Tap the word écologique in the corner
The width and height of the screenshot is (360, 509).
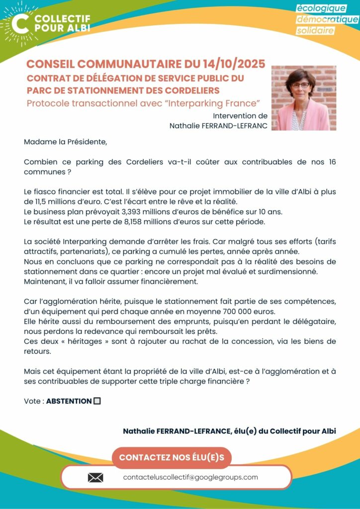tap(321, 8)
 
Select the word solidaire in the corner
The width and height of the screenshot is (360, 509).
tap(315, 30)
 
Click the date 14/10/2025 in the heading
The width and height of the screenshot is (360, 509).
tap(234, 64)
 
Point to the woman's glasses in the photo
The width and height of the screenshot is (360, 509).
tap(300, 85)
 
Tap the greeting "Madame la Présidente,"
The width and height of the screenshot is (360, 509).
tap(65, 142)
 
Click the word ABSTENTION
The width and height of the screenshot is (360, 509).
tap(69, 401)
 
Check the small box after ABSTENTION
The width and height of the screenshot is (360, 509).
tap(97, 401)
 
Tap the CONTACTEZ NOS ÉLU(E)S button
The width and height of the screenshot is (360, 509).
tap(172, 457)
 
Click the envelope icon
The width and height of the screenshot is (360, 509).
tap(95, 478)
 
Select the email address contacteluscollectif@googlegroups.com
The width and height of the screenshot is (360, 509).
tap(190, 477)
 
